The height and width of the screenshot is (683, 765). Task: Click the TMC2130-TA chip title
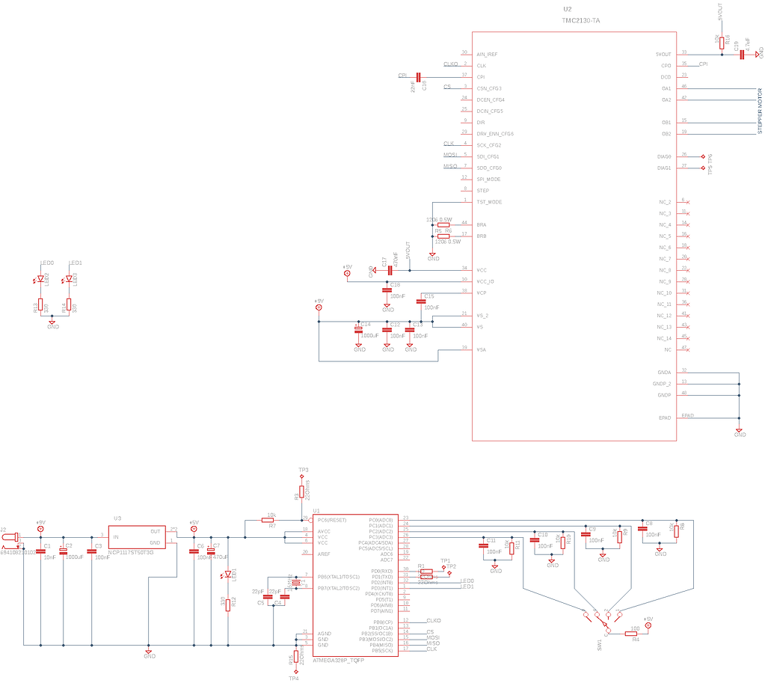pos(581,20)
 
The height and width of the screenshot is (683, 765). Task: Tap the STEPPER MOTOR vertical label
pos(760,111)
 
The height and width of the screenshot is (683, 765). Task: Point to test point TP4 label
pos(294,678)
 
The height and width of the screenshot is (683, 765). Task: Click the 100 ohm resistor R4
pos(631,633)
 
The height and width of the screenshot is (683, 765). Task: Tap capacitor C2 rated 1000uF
pos(64,551)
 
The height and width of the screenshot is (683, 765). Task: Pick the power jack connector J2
pos(11,536)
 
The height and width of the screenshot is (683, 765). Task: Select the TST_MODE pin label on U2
pos(489,202)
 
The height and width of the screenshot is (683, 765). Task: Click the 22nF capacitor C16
pos(419,76)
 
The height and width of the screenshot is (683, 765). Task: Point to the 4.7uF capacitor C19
pos(743,54)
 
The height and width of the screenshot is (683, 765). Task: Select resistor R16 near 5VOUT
pos(722,42)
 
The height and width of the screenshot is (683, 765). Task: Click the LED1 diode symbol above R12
pos(227,575)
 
